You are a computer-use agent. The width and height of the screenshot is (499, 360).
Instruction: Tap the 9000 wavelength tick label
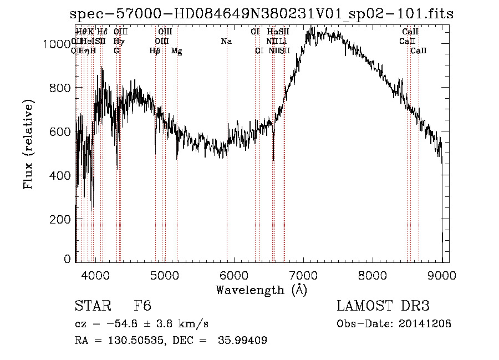pyautogui.click(x=442, y=273)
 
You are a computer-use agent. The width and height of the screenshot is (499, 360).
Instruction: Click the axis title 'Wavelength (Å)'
pyautogui.click(x=261, y=290)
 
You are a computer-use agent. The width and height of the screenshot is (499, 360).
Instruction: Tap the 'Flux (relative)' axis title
pyautogui.click(x=29, y=144)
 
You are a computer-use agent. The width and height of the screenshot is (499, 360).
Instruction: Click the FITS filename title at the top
pyautogui.click(x=262, y=14)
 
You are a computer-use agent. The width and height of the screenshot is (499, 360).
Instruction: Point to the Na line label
pyautogui.click(x=226, y=42)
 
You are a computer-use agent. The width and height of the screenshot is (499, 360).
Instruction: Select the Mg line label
pyautogui.click(x=176, y=51)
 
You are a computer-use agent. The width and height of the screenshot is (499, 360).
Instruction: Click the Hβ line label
pyautogui.click(x=155, y=51)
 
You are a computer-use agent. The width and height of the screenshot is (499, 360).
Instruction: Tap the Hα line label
pyautogui.click(x=272, y=32)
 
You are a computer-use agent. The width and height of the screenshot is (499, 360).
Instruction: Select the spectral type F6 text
pyautogui.click(x=142, y=307)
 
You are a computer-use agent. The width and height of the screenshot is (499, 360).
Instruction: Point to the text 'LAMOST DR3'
pyautogui.click(x=383, y=307)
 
